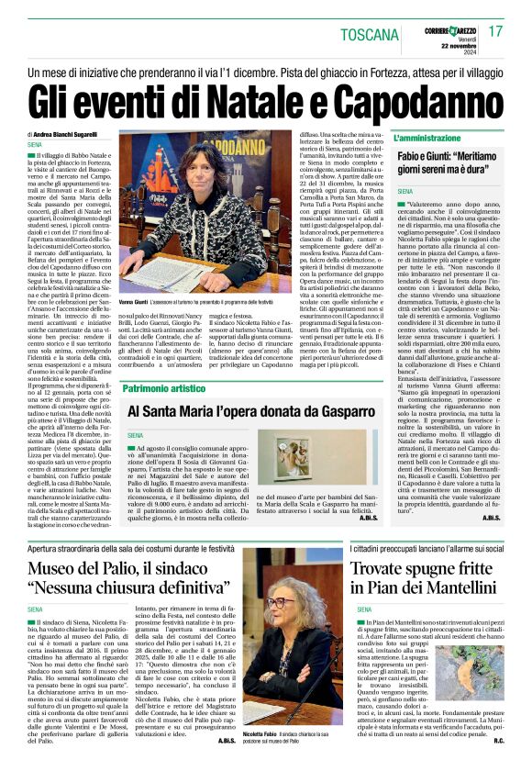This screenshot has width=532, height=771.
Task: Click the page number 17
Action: [495, 30]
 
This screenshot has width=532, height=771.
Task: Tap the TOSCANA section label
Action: [371, 34]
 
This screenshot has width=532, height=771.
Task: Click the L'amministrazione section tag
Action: [434, 137]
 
